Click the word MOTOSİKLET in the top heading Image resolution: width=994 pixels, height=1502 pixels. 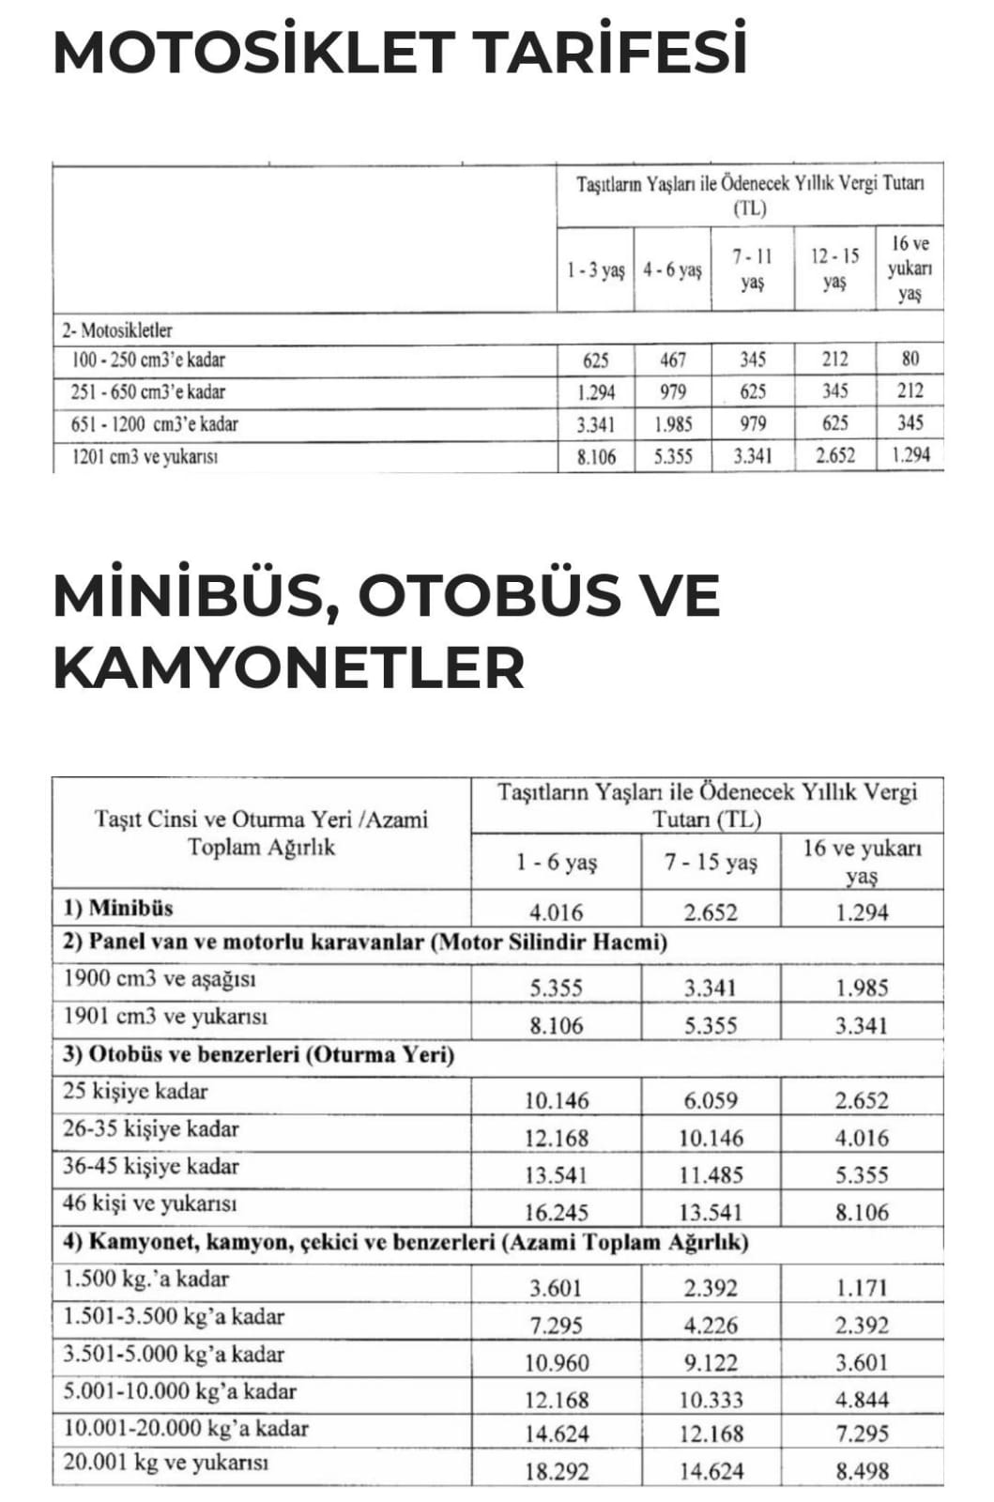253,53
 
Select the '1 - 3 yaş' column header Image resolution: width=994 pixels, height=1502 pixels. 595,270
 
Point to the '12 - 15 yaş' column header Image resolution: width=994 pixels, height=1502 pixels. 834,268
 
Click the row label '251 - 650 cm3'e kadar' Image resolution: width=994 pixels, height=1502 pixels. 147,391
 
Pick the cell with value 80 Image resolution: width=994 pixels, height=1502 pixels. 910,359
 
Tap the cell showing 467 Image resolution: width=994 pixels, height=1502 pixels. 672,360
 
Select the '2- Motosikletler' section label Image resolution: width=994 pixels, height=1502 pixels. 117,330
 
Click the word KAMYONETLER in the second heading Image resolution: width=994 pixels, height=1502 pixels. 288,667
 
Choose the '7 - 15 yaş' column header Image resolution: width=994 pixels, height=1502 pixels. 711,862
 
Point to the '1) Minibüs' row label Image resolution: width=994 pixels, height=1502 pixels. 118,908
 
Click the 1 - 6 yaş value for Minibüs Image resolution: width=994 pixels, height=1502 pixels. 556,912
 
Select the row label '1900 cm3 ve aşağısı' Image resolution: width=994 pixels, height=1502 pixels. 160,979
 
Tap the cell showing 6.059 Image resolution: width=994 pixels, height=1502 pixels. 711,1100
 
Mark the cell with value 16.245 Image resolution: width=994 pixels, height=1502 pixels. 556,1212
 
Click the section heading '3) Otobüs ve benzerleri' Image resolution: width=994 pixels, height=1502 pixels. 258,1054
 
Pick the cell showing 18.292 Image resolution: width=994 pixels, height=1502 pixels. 556,1471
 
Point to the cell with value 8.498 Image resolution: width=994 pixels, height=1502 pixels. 862,1471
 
